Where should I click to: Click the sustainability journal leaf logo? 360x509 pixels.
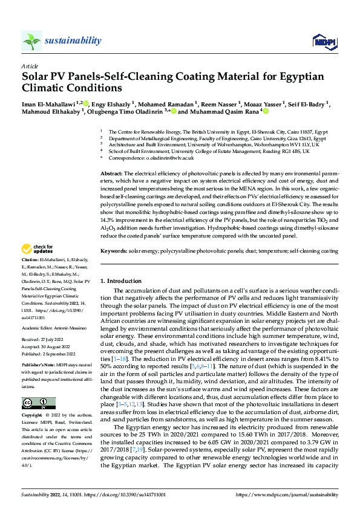32,41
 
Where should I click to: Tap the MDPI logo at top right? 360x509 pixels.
321,41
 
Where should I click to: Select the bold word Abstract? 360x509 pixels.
111,173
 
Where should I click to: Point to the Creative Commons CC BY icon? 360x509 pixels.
38,403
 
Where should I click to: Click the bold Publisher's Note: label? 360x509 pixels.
38,366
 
